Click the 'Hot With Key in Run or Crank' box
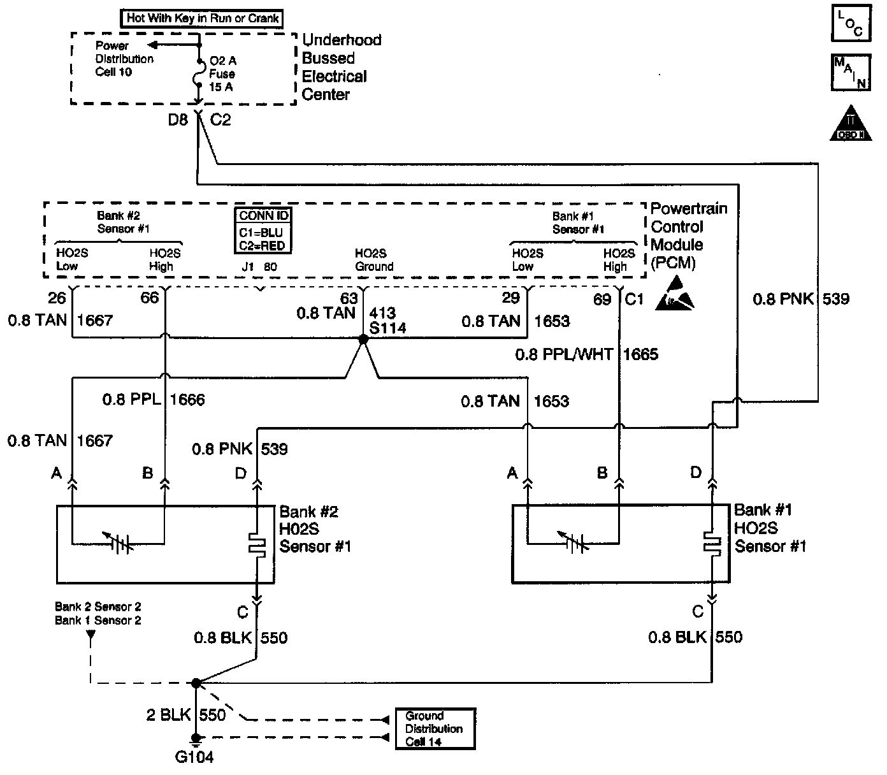point(203,18)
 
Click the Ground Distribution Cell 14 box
point(435,728)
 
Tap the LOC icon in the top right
point(851,23)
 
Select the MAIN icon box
point(851,73)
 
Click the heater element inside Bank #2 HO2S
point(257,545)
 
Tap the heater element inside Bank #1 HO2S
point(712,542)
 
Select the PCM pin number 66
point(149,298)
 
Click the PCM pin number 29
point(511,298)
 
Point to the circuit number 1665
point(640,354)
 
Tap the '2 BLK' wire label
point(168,715)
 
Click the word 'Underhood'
point(342,40)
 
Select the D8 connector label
point(178,119)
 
